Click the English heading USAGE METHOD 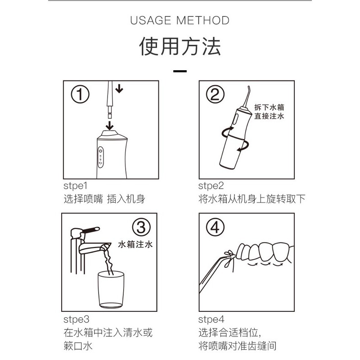180,20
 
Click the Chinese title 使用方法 180,46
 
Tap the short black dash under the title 180,71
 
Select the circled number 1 80,94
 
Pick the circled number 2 215,94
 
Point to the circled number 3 141,227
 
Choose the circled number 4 215,227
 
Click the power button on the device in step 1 100,151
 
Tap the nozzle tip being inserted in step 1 110,116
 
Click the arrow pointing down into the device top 110,126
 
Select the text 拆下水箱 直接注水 269,112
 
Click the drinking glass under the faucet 111,289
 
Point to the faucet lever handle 91,230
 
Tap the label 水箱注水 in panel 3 135,244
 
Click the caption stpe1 76,186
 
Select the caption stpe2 211,186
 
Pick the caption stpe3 76,319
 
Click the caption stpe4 211,319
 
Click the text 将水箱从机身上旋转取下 252,199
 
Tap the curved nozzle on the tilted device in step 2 247,97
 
